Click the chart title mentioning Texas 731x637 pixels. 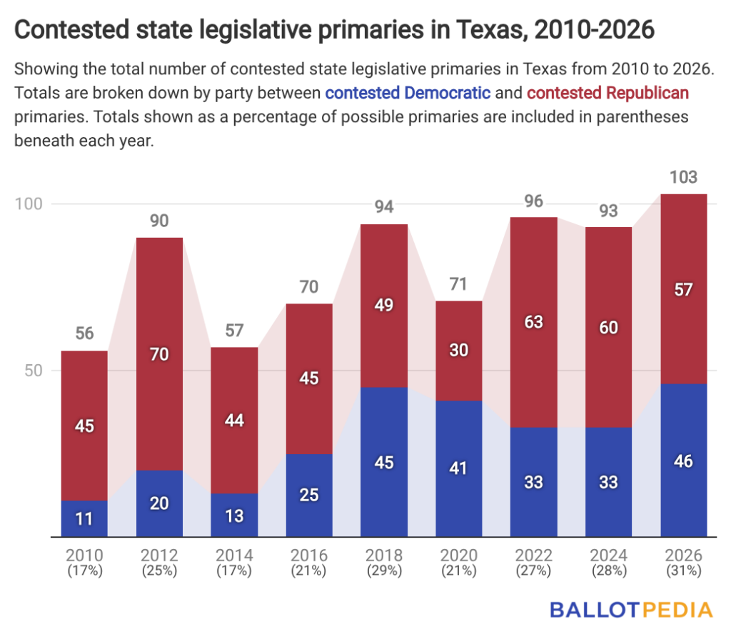[x=334, y=30]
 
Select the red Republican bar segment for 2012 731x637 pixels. [x=159, y=353]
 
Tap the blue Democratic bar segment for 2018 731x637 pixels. [x=384, y=461]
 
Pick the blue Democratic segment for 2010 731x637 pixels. [x=84, y=518]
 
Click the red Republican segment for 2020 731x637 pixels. [x=459, y=350]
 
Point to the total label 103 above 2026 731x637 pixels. [x=683, y=178]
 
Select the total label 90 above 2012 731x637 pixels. [x=159, y=221]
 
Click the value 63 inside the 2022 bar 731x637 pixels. [x=534, y=322]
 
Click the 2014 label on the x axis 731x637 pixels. [x=234, y=556]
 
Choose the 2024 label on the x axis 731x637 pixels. [x=609, y=556]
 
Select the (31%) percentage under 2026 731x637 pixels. [x=683, y=571]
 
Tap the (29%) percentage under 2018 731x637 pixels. [x=384, y=571]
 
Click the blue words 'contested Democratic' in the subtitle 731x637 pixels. [x=408, y=93]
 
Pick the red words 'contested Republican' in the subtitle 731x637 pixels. [x=608, y=93]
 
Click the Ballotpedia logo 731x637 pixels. [x=631, y=609]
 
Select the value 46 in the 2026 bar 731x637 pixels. [x=683, y=460]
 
